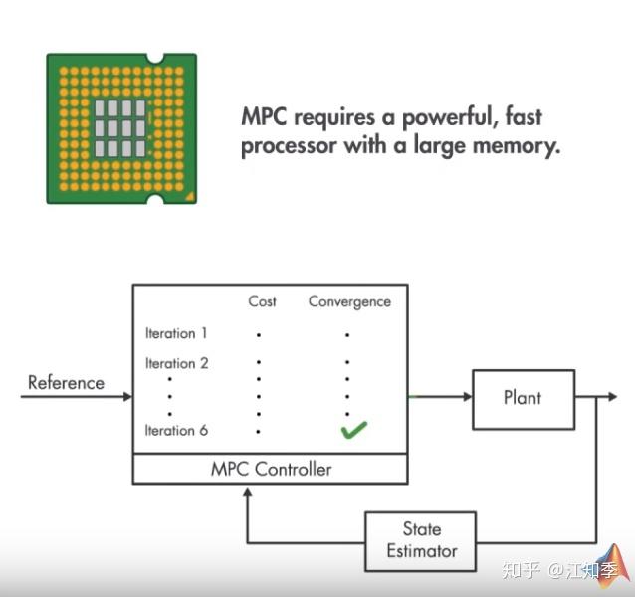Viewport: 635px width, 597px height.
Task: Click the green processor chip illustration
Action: click(x=121, y=128)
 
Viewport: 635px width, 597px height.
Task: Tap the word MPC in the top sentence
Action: click(x=265, y=117)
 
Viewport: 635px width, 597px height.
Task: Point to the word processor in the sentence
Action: click(x=289, y=146)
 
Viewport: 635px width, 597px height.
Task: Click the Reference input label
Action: click(x=66, y=382)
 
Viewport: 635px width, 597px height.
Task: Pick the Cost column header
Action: click(x=262, y=301)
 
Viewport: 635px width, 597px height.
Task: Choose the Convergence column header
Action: click(x=349, y=301)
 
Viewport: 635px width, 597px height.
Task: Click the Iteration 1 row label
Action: click(x=176, y=333)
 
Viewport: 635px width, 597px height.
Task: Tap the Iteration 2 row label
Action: click(x=176, y=363)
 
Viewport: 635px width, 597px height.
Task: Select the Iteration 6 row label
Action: click(x=176, y=430)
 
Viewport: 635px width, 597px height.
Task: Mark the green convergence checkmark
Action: click(x=352, y=430)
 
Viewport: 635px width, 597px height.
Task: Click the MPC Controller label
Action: click(x=271, y=468)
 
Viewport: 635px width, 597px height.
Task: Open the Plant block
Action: click(x=522, y=397)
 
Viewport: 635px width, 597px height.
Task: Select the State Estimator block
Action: click(x=421, y=540)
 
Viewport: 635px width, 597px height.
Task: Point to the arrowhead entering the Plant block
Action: click(x=467, y=397)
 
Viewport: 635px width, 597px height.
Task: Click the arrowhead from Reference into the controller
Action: click(x=126, y=397)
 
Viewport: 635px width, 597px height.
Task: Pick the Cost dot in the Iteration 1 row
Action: click(x=259, y=335)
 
